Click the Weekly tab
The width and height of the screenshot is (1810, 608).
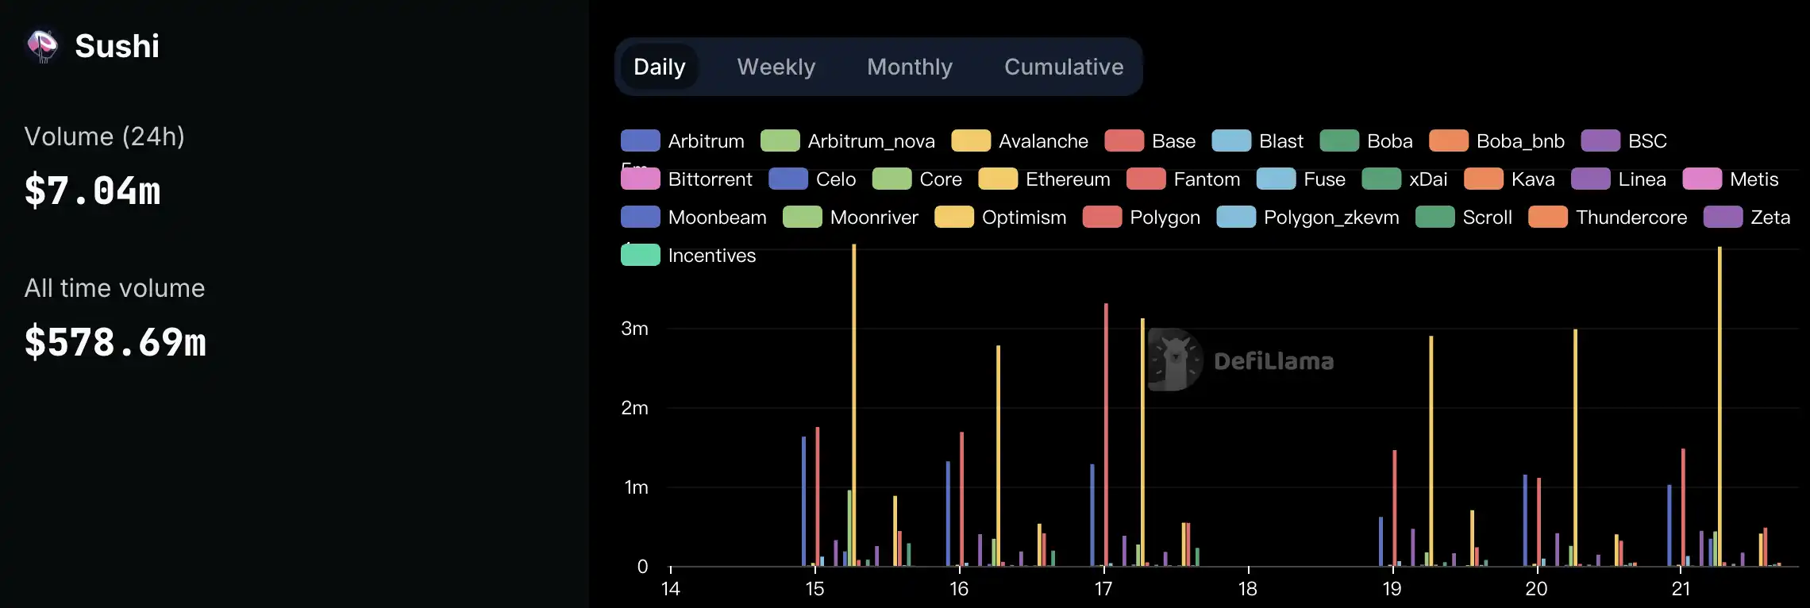[776, 67]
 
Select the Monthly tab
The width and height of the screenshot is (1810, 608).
[909, 67]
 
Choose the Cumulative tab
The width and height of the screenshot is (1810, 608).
[1063, 67]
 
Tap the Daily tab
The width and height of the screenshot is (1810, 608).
[659, 67]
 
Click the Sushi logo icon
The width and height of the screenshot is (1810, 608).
[42, 46]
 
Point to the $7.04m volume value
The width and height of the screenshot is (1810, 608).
[92, 190]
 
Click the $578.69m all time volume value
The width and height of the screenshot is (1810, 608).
[115, 342]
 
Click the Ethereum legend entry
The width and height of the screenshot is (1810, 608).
[1044, 179]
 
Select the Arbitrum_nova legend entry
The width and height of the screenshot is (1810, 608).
[848, 141]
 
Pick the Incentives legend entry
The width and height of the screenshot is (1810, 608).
[688, 256]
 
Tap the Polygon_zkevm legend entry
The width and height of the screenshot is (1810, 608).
[1307, 217]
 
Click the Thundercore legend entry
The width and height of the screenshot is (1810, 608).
[1608, 217]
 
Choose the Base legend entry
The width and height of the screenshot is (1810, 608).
[1150, 141]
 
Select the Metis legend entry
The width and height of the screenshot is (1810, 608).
[1731, 179]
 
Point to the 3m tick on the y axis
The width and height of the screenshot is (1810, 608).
[634, 329]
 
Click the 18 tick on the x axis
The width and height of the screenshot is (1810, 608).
[1248, 588]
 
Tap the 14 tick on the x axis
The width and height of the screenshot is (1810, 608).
[671, 588]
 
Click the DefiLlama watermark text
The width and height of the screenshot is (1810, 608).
[1273, 361]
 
